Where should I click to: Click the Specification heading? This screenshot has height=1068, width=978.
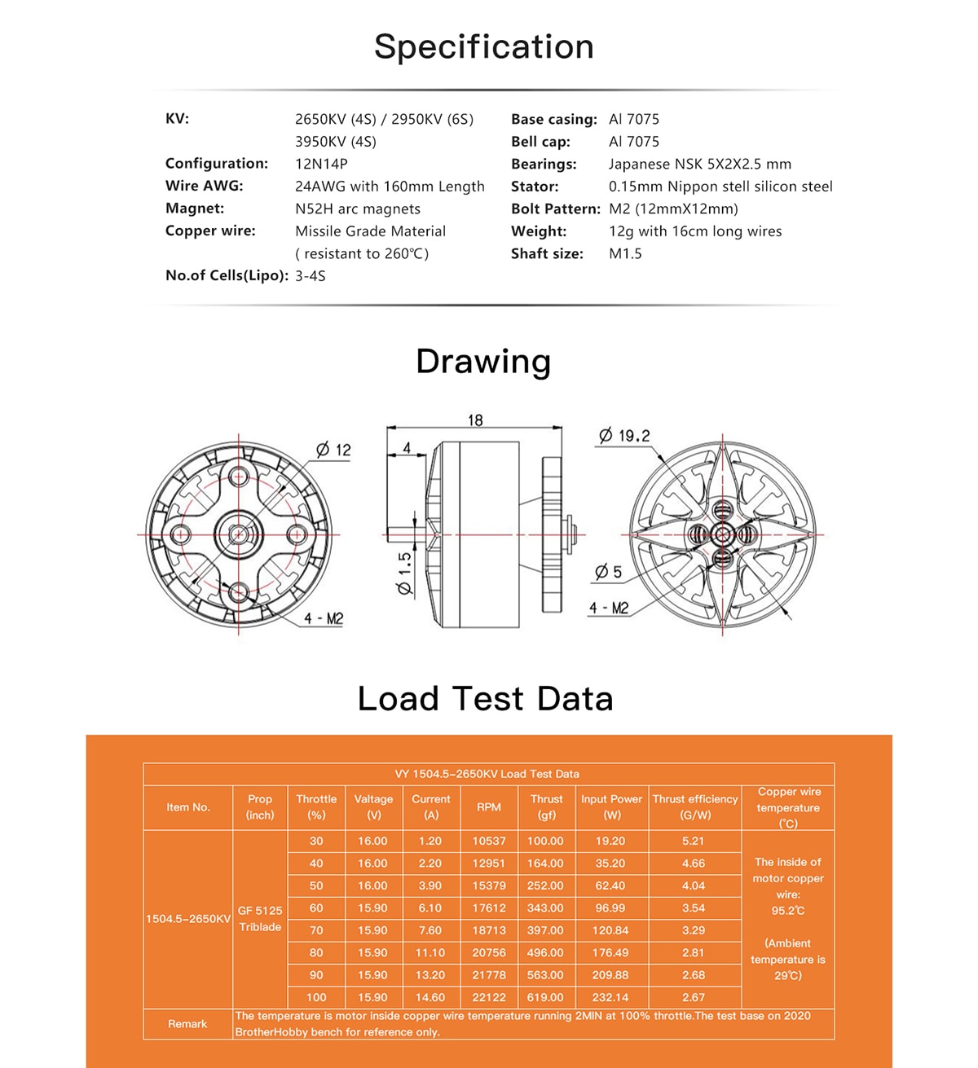(483, 47)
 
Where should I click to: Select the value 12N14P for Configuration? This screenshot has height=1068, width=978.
(321, 164)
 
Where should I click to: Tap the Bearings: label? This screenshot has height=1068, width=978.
(544, 164)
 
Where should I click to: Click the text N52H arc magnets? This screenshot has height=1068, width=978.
(357, 209)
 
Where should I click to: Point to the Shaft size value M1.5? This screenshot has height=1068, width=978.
(625, 253)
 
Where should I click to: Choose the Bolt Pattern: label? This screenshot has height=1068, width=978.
(555, 209)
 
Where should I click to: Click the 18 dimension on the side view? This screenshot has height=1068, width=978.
(475, 420)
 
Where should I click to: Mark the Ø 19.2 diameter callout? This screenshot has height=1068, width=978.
(625, 436)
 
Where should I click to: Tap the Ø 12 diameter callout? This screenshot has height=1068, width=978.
(333, 450)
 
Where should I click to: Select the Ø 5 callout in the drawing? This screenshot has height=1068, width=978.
(608, 572)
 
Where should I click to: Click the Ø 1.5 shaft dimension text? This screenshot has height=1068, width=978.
(405, 574)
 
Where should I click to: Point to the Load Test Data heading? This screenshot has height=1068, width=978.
(485, 699)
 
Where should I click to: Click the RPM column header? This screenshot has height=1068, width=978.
(489, 807)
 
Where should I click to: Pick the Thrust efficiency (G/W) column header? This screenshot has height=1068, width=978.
(694, 807)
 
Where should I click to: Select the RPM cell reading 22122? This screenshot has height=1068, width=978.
(489, 997)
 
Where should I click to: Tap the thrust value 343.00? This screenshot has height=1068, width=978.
(545, 908)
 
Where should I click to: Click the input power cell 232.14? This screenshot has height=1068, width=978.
(610, 997)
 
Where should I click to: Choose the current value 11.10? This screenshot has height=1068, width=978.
(430, 952)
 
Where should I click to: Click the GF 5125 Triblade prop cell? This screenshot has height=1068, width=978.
(260, 919)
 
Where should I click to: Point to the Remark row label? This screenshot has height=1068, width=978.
(187, 1024)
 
